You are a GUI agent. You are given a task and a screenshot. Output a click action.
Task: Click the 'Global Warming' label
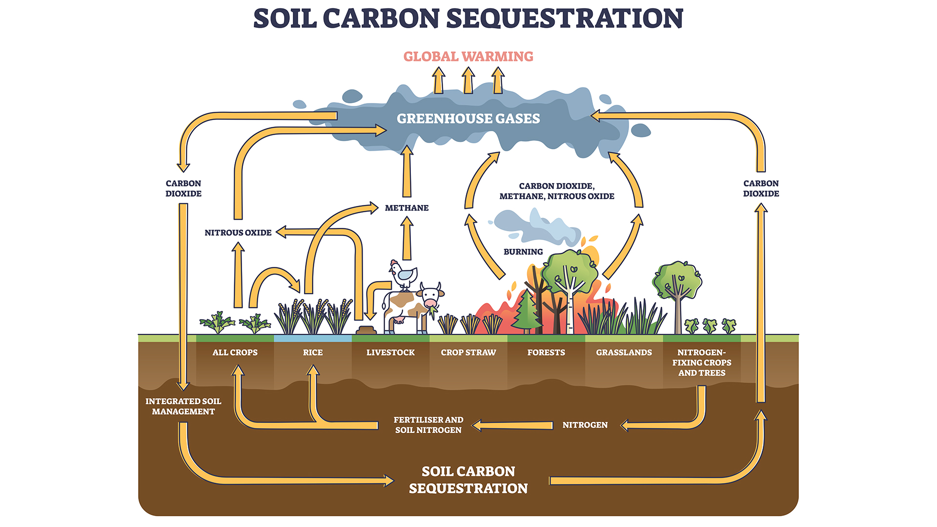pyautogui.click(x=468, y=57)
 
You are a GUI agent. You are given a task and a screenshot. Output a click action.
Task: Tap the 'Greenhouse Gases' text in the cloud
pyautogui.click(x=468, y=119)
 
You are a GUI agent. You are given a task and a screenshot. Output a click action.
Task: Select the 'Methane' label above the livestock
pyautogui.click(x=407, y=208)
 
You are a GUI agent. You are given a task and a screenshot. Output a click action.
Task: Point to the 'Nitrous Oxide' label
pyautogui.click(x=238, y=233)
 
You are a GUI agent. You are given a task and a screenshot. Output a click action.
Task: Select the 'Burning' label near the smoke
pyautogui.click(x=523, y=252)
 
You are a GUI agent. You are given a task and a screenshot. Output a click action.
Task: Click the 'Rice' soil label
pyautogui.click(x=312, y=352)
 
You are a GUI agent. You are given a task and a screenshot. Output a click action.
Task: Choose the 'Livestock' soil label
pyautogui.click(x=390, y=352)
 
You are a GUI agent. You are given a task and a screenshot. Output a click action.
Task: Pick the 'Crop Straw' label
pyautogui.click(x=468, y=352)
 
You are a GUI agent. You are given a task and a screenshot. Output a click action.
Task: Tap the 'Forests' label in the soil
pyautogui.click(x=546, y=352)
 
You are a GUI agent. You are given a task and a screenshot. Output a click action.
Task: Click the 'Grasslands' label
pyautogui.click(x=624, y=352)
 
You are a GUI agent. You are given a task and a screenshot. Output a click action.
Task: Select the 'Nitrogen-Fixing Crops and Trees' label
pyautogui.click(x=701, y=363)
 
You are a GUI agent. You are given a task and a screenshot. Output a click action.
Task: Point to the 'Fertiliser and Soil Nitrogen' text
pyautogui.click(x=428, y=425)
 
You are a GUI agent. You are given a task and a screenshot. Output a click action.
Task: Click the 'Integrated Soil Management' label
pyautogui.click(x=183, y=406)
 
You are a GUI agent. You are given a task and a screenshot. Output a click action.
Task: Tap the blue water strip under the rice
pyautogui.click(x=312, y=338)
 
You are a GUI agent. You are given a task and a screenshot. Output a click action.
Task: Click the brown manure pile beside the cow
pyautogui.click(x=366, y=330)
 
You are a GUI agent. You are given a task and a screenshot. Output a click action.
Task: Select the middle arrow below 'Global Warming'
pyautogui.click(x=468, y=81)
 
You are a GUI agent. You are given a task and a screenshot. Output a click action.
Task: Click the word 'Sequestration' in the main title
pyautogui.click(x=565, y=19)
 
